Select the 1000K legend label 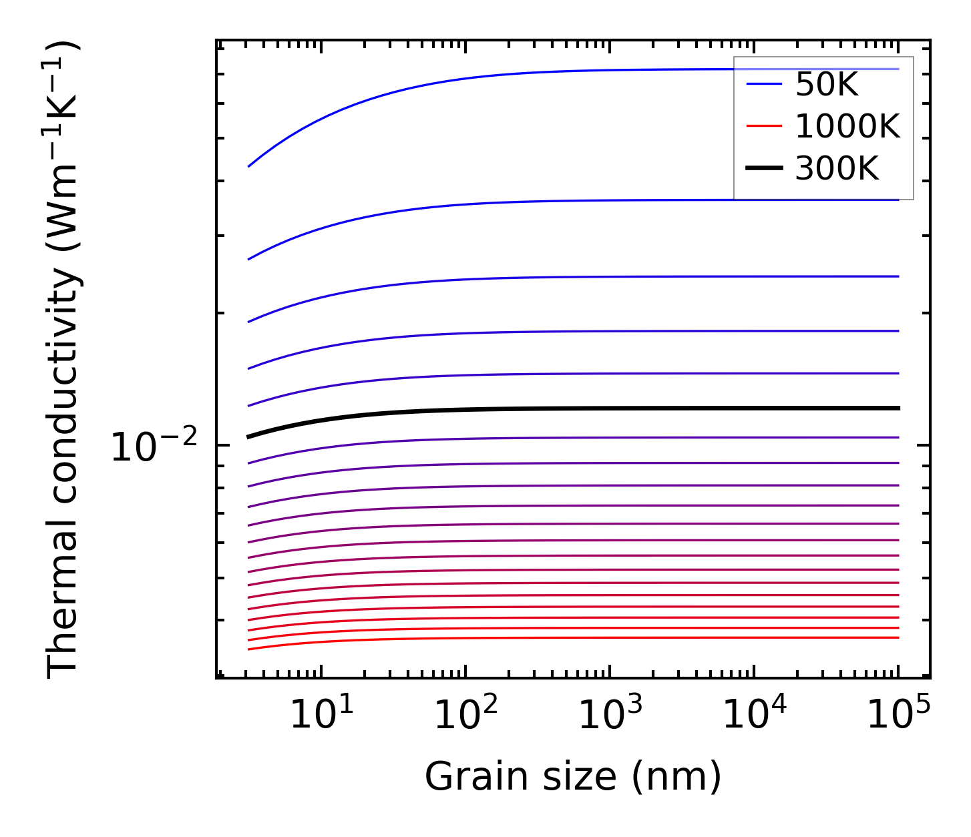click(x=847, y=126)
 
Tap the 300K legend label click(x=837, y=169)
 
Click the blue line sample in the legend click(x=764, y=84)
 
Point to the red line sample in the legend click(x=764, y=126)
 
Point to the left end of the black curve click(x=249, y=437)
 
